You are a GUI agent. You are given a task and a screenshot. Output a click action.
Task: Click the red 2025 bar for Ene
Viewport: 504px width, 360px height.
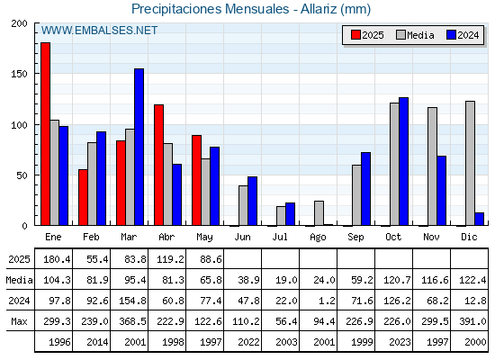[x=45, y=134]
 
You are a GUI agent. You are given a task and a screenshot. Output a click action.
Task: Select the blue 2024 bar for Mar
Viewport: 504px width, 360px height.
[x=139, y=147]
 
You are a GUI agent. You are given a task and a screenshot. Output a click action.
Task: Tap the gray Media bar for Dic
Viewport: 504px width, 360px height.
[x=470, y=163]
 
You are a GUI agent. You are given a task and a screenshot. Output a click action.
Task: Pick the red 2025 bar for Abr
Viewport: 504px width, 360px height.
[x=158, y=165]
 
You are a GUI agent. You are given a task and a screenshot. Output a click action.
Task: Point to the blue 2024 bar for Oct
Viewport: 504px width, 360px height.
[x=404, y=161]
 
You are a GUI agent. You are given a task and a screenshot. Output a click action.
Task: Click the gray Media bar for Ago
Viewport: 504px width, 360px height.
[x=319, y=213]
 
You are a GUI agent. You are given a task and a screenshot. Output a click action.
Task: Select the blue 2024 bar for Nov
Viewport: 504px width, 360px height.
[x=441, y=191]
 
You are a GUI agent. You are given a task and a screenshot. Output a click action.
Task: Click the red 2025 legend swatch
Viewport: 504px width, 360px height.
[x=355, y=35]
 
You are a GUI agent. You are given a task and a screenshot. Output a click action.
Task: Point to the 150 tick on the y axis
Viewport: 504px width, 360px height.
[x=19, y=74]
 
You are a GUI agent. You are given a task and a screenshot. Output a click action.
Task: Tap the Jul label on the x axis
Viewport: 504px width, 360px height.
[x=280, y=237]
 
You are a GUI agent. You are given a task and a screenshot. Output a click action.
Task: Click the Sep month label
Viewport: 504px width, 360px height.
[x=355, y=238]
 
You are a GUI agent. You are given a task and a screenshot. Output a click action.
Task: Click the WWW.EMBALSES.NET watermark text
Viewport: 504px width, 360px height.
[x=99, y=31]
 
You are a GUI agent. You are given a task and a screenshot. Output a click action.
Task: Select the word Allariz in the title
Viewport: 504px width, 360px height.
[x=319, y=9]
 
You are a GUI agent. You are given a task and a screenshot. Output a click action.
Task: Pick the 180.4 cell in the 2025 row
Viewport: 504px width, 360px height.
[x=57, y=259]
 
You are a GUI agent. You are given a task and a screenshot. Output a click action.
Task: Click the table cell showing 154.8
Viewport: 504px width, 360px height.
[x=132, y=301]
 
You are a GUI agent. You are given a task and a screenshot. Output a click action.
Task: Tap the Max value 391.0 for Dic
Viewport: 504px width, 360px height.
[x=472, y=321]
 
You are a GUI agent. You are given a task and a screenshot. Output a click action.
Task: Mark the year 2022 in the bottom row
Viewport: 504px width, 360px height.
[x=248, y=342]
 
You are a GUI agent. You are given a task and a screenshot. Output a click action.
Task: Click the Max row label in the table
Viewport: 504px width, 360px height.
[x=19, y=321]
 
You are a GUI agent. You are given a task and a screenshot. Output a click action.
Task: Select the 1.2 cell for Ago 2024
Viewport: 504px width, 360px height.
[x=328, y=301]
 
